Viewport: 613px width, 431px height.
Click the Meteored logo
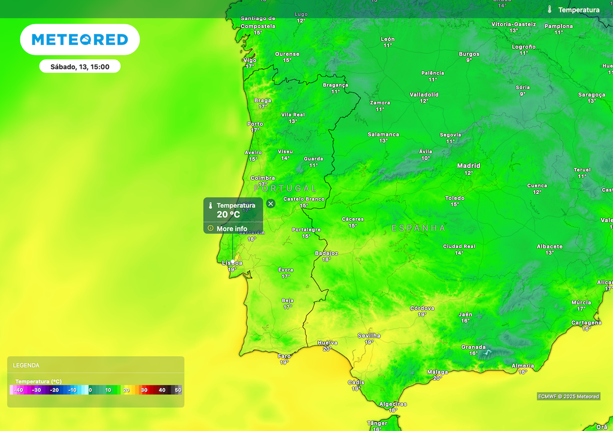pos(80,40)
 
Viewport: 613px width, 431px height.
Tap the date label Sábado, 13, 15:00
pos(80,66)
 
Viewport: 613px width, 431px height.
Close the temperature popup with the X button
pos(271,204)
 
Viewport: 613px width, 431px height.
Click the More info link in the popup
pos(232,229)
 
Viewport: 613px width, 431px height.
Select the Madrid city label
pos(469,166)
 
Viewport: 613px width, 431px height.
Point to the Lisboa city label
pos(232,263)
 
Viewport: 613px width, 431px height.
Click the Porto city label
pos(255,124)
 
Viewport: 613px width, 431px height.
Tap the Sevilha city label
pos(369,336)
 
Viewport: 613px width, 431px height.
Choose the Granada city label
pos(473,347)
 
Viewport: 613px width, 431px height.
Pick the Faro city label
pos(284,356)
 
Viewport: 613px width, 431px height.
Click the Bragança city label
pos(335,85)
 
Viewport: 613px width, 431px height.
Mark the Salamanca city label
pos(383,135)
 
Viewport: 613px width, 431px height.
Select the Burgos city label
pos(469,54)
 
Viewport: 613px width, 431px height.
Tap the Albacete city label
pos(550,247)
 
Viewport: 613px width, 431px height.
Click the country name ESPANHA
pos(418,228)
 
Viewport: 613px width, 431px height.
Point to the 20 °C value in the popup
pos(228,215)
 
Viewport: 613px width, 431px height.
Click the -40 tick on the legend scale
pos(19,390)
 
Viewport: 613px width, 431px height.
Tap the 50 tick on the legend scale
pos(178,390)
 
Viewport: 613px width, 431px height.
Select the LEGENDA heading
pos(26,365)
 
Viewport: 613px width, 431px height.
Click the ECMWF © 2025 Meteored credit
pos(568,396)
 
